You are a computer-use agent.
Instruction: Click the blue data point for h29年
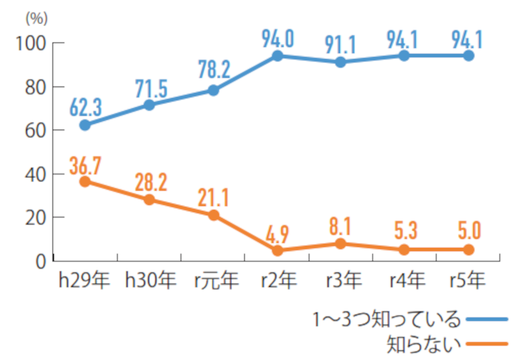tap(84, 124)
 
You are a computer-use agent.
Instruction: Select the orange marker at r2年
tap(278, 250)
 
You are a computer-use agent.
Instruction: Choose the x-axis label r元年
tap(214, 281)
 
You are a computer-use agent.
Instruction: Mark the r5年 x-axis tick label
tap(468, 281)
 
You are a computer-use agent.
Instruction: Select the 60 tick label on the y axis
tap(35, 130)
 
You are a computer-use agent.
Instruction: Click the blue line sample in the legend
tap(489, 319)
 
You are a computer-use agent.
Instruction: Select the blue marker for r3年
tap(340, 62)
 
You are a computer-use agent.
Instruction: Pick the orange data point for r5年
tap(468, 249)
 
